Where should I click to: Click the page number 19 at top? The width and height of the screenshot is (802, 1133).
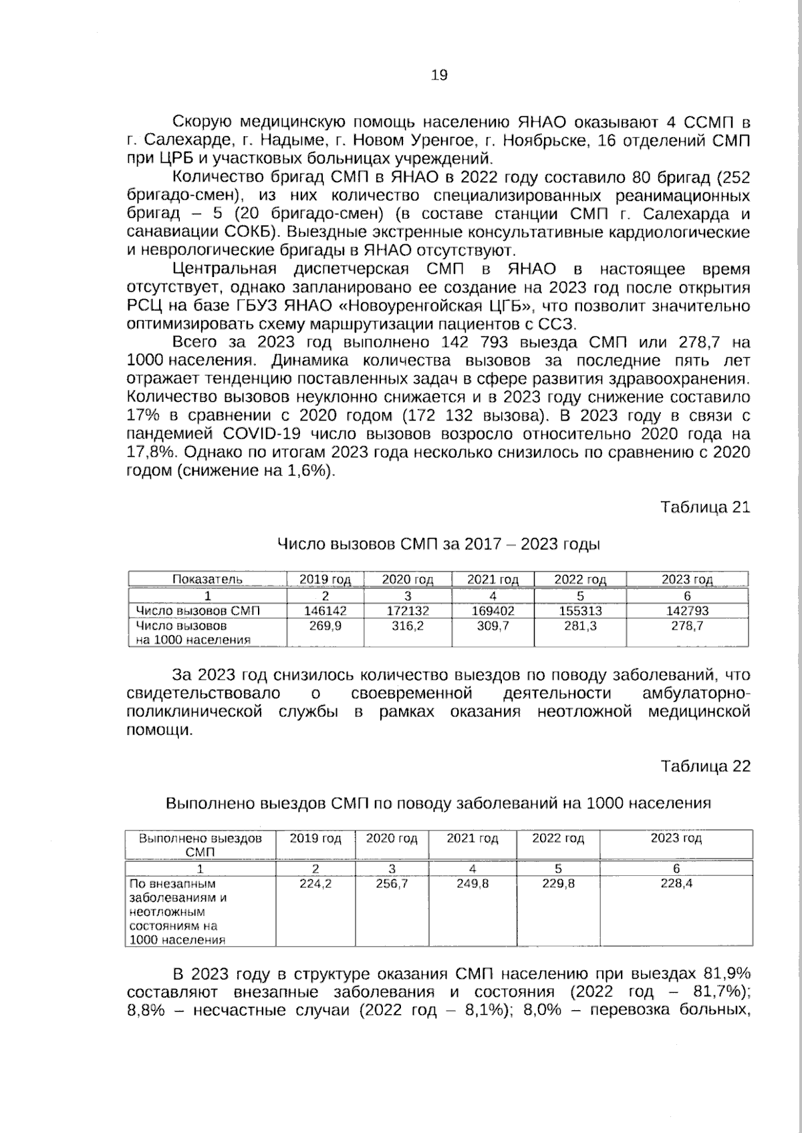(439, 75)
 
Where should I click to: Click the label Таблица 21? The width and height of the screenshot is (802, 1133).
(705, 507)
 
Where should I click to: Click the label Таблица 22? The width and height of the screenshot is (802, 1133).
(705, 766)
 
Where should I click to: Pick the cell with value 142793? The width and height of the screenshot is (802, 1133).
(686, 610)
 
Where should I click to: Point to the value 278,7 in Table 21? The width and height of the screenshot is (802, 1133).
(686, 626)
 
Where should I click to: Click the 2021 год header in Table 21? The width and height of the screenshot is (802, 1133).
(493, 580)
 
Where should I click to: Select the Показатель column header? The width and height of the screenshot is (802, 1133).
(207, 580)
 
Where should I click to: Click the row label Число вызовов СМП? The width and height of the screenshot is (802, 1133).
(198, 610)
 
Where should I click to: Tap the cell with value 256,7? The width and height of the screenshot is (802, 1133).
(392, 883)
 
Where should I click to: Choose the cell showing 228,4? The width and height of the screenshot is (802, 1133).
(676, 883)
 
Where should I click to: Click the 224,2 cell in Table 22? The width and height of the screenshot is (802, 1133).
(315, 883)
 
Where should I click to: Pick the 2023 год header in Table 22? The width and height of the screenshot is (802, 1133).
(676, 838)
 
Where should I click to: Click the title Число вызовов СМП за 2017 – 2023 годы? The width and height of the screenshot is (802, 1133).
(438, 543)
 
